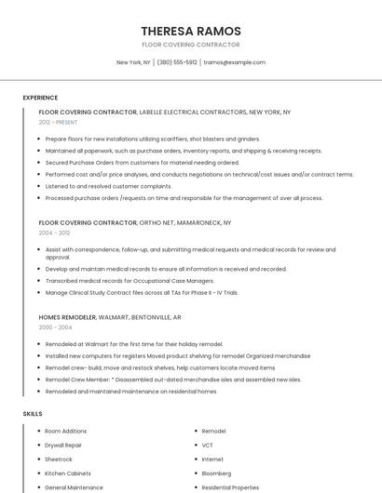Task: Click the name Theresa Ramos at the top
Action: (190, 31)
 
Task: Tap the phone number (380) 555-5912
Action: (177, 62)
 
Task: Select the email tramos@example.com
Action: (235, 62)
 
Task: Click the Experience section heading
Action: (40, 98)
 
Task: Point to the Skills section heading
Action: (33, 413)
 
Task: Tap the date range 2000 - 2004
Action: (55, 327)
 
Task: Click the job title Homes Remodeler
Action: (67, 317)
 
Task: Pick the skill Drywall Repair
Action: (63, 446)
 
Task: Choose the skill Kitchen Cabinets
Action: (68, 473)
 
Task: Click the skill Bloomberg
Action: (218, 473)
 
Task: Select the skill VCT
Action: (208, 446)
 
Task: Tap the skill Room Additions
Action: (65, 432)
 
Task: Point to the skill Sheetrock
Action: (58, 460)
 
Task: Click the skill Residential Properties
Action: (230, 487)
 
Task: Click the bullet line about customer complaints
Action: (108, 186)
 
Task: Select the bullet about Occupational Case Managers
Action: (129, 281)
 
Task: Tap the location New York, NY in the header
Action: (133, 62)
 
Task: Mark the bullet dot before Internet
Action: (195, 460)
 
